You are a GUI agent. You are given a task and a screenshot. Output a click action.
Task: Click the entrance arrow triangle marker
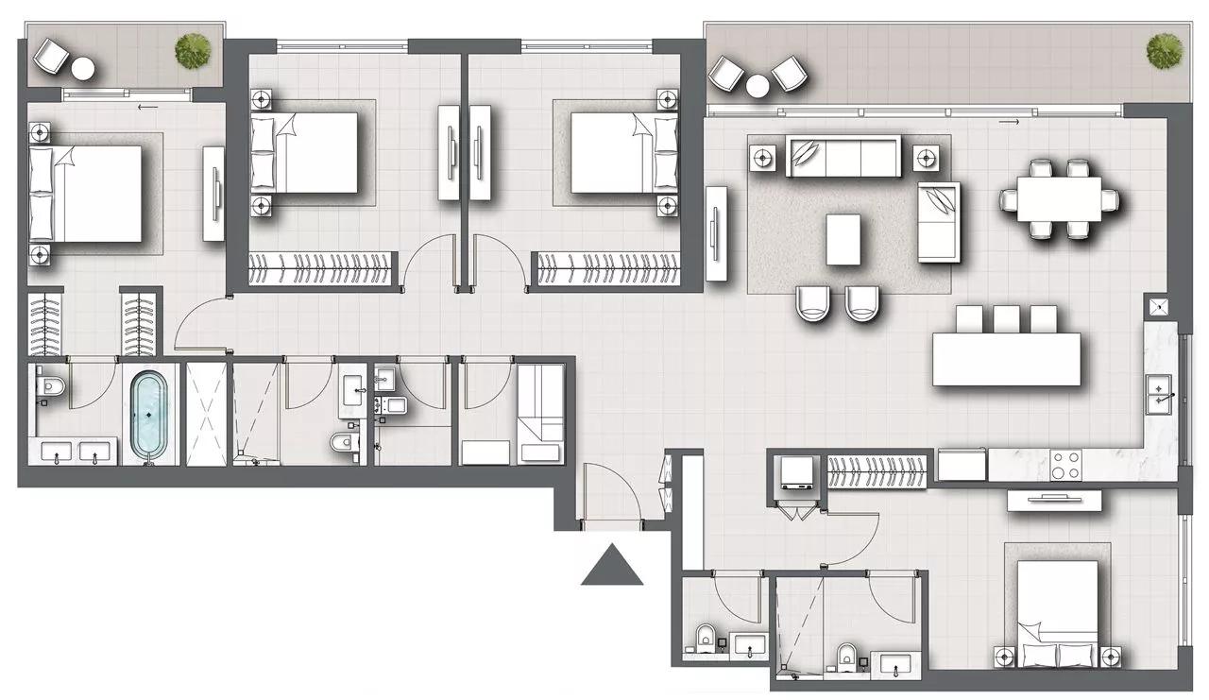pos(612,566)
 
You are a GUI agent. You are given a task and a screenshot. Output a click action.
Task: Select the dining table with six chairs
pos(1060,199)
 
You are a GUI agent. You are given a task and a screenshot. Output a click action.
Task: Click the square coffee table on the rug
pos(843,239)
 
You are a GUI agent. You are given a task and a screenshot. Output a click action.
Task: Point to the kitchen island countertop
pos(1007,358)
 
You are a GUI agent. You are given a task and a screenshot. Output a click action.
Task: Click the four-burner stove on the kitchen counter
pos(1065,465)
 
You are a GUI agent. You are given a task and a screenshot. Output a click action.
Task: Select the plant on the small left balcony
pos(194,50)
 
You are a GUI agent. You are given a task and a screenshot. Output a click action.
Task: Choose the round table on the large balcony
pos(758,86)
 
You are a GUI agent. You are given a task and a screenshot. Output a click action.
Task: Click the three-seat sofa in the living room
pos(843,156)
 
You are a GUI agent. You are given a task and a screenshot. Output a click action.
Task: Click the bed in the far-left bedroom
pos(87,193)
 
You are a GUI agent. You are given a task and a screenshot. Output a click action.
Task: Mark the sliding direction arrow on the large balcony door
pos(1008,122)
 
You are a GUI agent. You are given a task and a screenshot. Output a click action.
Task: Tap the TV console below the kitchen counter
pos(1055,500)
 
